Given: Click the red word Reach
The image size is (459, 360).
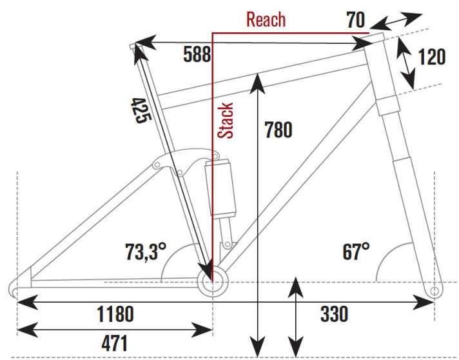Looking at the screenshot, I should [266, 19].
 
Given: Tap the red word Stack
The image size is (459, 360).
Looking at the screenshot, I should [225, 121].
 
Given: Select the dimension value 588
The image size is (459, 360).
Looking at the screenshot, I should [196, 54].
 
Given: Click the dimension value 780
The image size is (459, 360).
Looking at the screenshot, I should [278, 130].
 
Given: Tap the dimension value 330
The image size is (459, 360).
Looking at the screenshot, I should [334, 315].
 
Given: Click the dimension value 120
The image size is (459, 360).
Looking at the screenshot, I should [431, 57].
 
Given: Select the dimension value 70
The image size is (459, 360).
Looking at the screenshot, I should [355, 19].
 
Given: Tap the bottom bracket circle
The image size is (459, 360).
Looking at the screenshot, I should [213, 283].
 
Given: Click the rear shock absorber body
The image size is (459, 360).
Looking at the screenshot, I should [219, 187].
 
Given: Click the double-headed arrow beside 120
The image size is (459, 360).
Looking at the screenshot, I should [405, 63].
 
